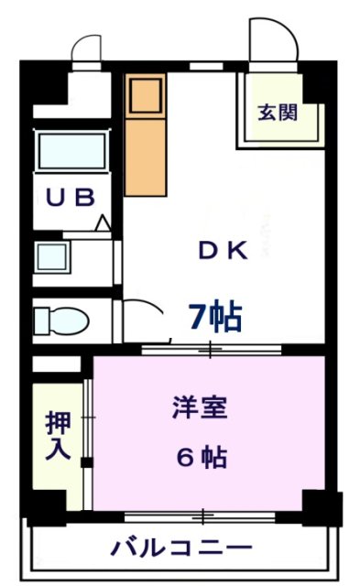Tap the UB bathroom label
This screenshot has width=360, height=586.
click(x=71, y=199)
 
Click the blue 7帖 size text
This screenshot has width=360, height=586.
click(x=215, y=316)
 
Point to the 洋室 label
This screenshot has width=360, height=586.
click(x=199, y=407)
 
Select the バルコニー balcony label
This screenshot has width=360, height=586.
click(x=181, y=548)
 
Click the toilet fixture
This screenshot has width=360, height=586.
click(x=60, y=321)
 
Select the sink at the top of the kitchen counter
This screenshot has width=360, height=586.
click(x=145, y=94)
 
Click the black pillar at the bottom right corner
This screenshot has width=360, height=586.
click(x=322, y=507)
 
